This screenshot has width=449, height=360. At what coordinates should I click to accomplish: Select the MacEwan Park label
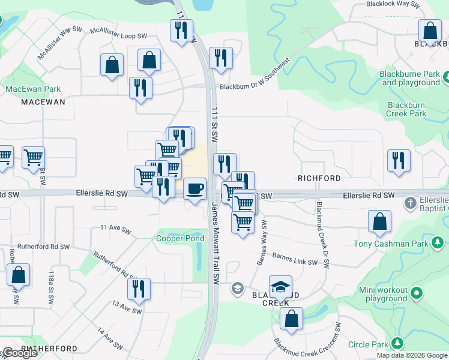click(33, 89)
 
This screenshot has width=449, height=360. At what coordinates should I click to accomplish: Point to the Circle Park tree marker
click(397, 344)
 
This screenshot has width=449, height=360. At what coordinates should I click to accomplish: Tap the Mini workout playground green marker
click(415, 294)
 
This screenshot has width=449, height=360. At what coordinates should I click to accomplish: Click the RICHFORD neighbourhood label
click(319, 178)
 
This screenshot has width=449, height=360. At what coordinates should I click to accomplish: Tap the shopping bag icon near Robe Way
click(18, 275)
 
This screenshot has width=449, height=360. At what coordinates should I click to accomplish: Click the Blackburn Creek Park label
click(406, 109)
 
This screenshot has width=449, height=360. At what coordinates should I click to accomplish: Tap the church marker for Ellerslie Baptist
click(411, 202)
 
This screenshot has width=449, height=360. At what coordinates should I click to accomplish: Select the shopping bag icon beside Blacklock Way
click(430, 31)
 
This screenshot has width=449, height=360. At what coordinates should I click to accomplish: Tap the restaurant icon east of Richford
click(399, 160)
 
